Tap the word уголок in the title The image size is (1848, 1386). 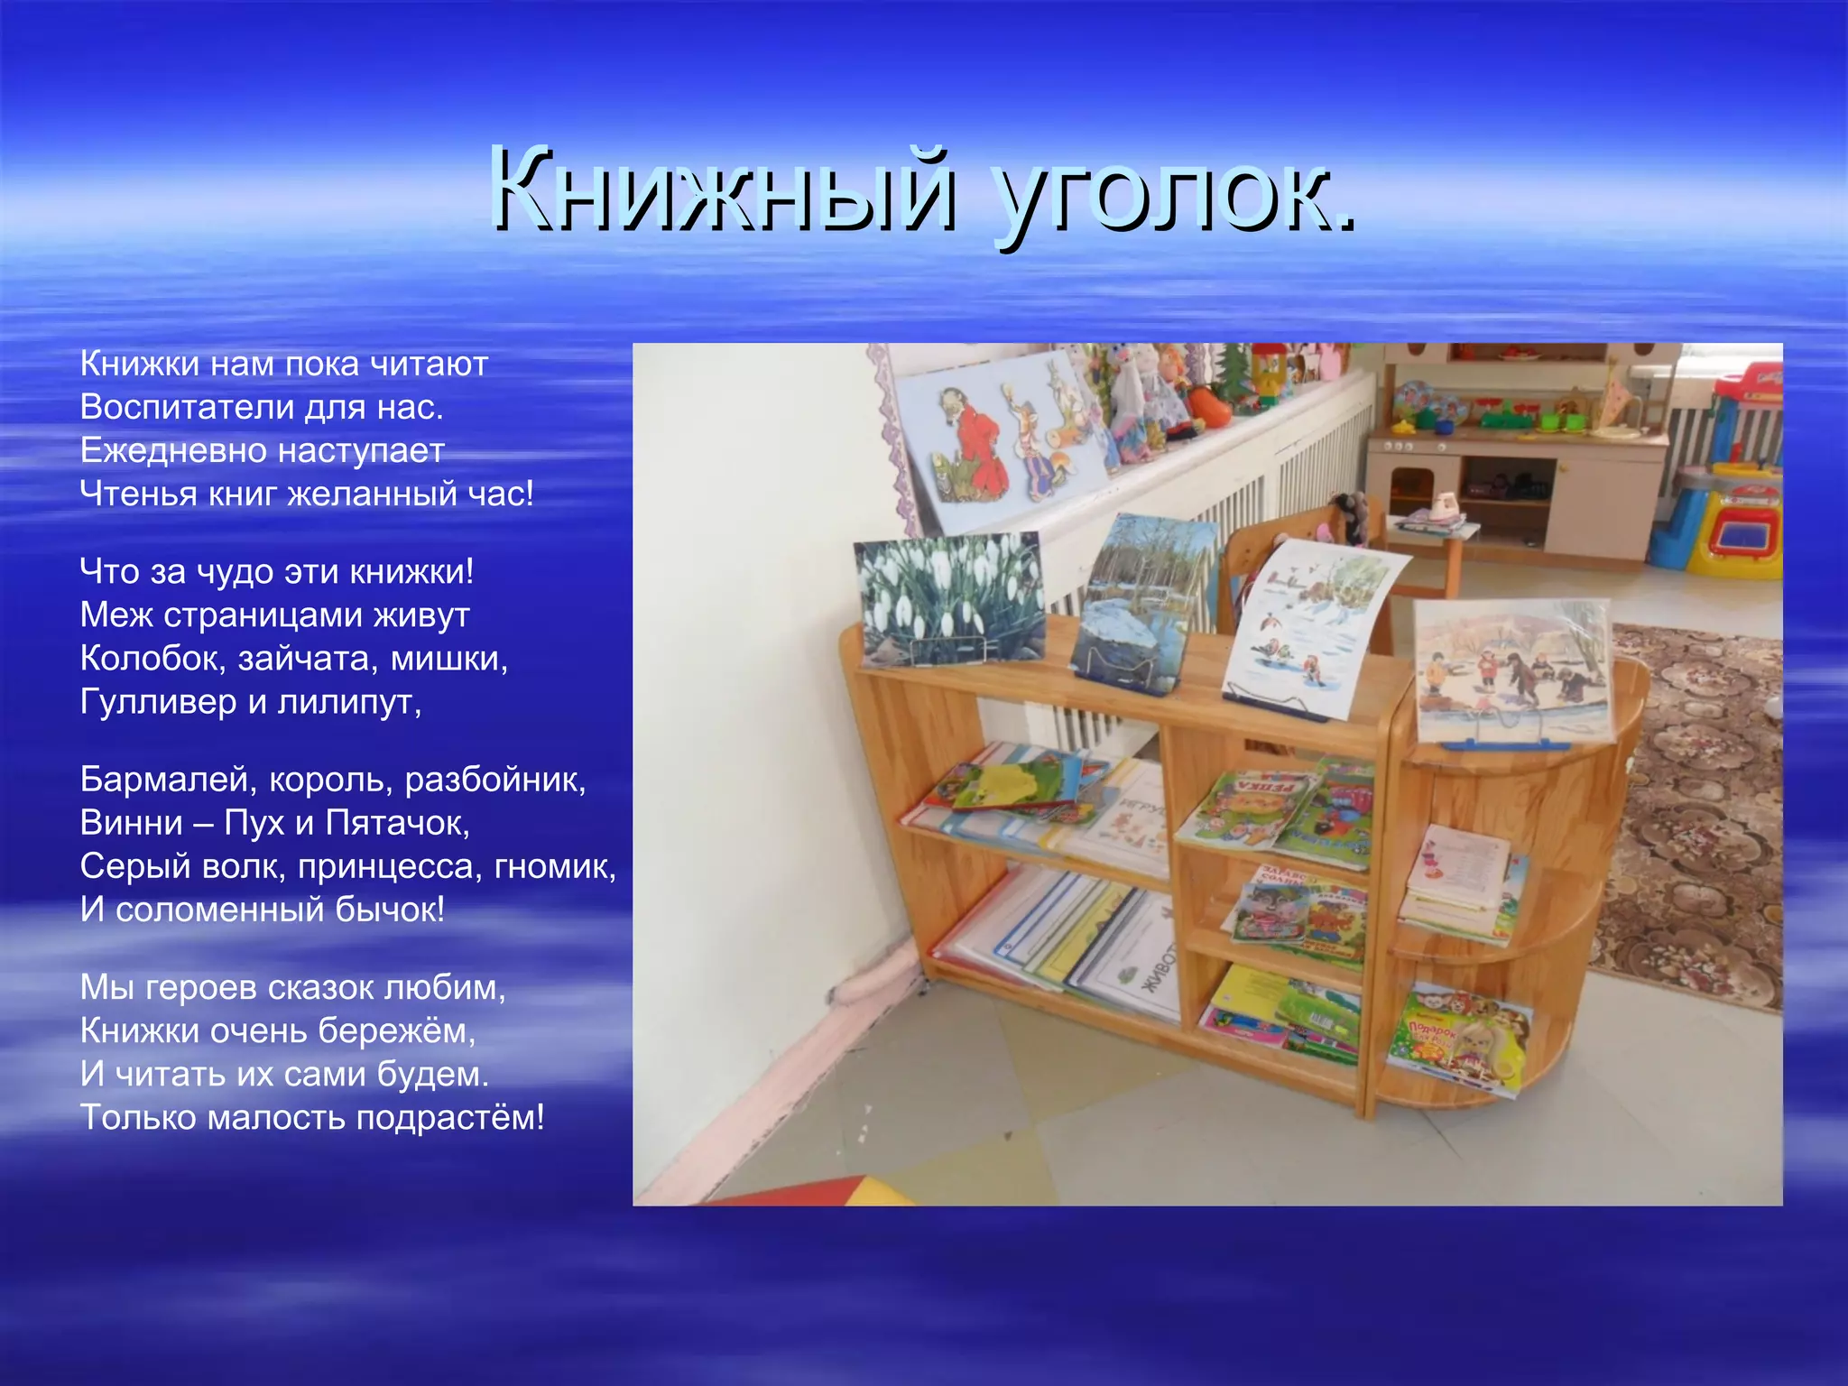tap(1173, 194)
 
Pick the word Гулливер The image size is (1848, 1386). tap(158, 702)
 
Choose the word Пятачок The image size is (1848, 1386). tap(397, 823)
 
